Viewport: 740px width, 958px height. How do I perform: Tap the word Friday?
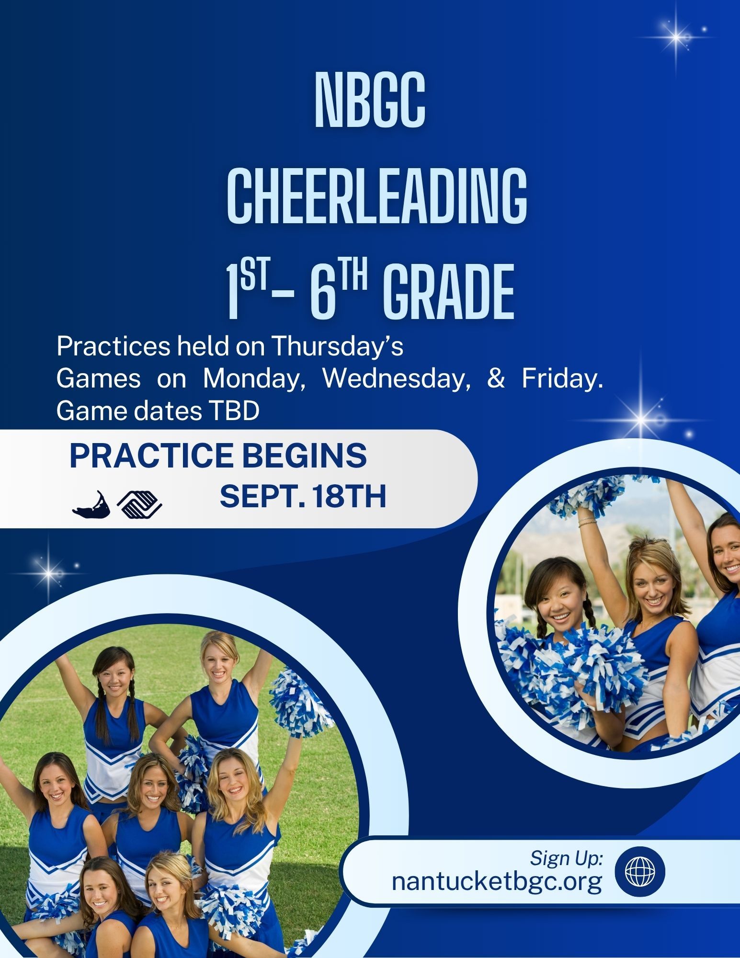click(562, 378)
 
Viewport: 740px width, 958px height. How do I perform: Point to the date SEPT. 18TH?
click(303, 496)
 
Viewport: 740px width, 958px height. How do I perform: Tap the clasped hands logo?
click(139, 505)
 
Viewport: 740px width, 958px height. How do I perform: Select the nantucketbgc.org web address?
click(497, 881)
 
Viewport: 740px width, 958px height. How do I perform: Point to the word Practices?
click(113, 346)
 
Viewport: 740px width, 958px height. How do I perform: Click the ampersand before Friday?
click(496, 378)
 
